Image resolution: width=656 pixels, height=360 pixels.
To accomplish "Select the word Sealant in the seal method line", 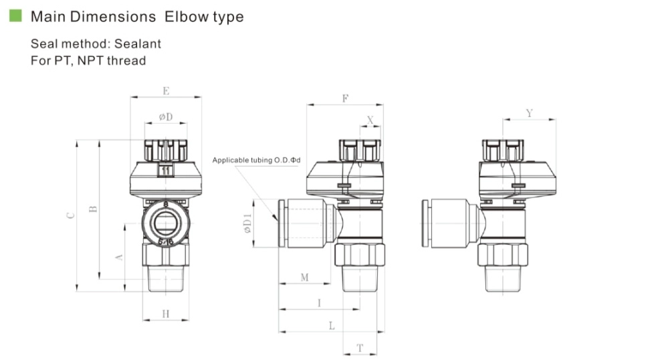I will click(x=137, y=44).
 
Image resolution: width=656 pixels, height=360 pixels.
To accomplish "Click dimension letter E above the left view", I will click(x=166, y=90).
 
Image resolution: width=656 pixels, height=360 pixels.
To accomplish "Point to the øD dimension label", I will click(x=165, y=117).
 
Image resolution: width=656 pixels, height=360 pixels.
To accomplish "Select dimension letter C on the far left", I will click(x=71, y=215).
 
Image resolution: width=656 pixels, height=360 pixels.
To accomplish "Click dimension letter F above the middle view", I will click(x=345, y=98).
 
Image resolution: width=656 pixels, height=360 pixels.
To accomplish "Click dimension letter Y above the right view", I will click(x=529, y=114).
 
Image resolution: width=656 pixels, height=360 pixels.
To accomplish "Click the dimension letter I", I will click(x=319, y=302).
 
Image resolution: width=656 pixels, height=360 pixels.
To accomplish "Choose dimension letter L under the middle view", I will click(x=332, y=325).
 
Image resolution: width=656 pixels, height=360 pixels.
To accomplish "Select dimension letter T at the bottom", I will click(x=360, y=347).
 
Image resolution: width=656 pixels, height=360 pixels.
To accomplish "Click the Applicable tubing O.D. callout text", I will click(x=256, y=160).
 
